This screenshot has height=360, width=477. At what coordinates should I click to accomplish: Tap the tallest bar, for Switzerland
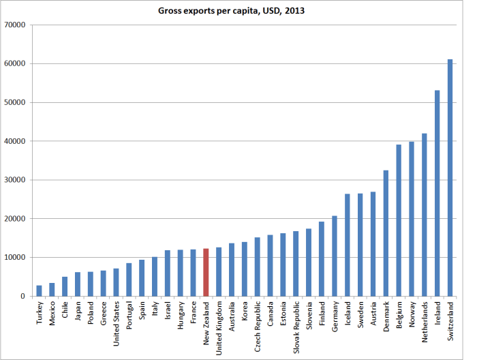[450, 177]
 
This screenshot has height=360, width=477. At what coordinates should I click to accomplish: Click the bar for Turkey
[40, 290]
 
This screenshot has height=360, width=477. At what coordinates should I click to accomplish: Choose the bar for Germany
[335, 256]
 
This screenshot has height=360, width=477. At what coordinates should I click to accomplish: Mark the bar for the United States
[117, 282]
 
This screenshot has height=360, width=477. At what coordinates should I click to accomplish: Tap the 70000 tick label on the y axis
[14, 25]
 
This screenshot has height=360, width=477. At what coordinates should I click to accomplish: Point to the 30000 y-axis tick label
[14, 180]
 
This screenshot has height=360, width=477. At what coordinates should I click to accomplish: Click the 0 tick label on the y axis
[22, 296]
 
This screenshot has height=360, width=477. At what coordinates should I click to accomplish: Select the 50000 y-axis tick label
[14, 102]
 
